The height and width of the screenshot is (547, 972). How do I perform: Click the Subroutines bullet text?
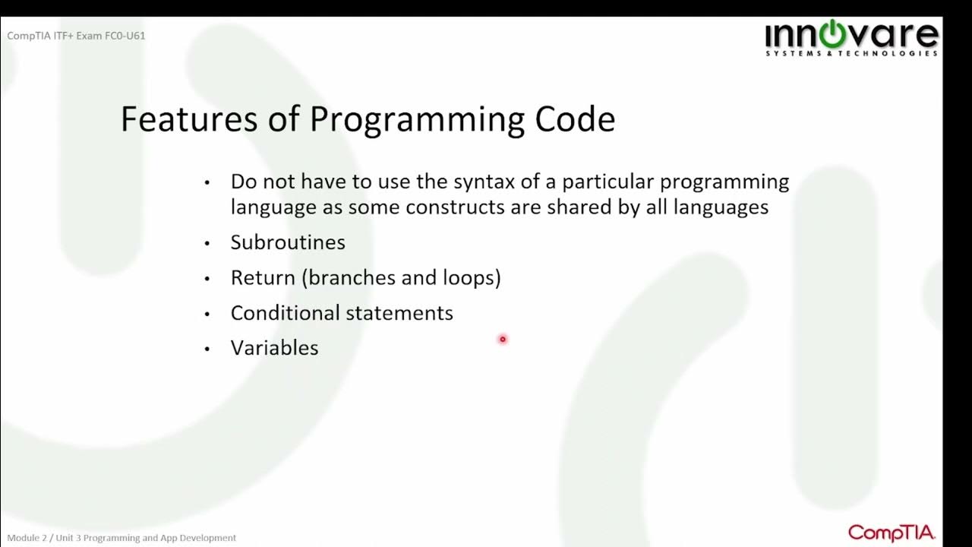[x=288, y=242]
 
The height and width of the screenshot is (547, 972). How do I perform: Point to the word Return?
[x=263, y=278]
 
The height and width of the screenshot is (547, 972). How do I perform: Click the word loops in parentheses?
[x=470, y=278]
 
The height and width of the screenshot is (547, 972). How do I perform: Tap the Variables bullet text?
[x=274, y=348]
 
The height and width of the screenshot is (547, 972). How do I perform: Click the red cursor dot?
[x=502, y=340]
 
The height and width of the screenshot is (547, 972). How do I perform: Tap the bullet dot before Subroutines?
[x=207, y=244]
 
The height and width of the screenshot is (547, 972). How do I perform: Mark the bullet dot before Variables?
[x=207, y=349]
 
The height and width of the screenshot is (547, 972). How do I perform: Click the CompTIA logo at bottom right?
[x=891, y=533]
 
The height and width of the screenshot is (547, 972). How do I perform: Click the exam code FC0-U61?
[x=125, y=36]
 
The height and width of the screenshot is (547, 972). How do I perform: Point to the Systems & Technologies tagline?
[x=851, y=54]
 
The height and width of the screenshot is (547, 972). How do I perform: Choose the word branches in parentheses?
[x=352, y=278]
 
